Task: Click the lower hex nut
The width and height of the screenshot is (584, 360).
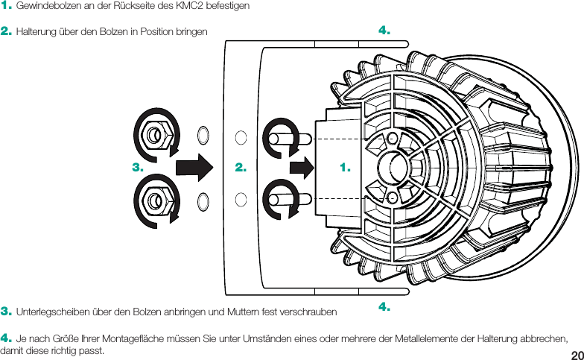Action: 154,200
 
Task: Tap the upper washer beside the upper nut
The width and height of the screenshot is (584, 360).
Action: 203,136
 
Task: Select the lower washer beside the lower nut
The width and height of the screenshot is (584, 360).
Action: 203,200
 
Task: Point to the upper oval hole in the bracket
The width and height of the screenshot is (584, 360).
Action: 241,137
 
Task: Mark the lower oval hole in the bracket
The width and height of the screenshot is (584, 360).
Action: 241,198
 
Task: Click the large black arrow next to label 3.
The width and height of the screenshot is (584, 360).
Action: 195,167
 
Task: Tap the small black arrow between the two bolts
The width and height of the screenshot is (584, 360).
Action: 302,167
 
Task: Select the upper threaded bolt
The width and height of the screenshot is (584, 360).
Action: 291,138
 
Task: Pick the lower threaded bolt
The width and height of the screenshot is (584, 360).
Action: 291,199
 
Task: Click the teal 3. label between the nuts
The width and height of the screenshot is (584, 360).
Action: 137,168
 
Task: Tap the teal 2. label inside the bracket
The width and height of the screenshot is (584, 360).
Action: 241,168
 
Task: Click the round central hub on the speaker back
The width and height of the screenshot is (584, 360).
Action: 392,167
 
